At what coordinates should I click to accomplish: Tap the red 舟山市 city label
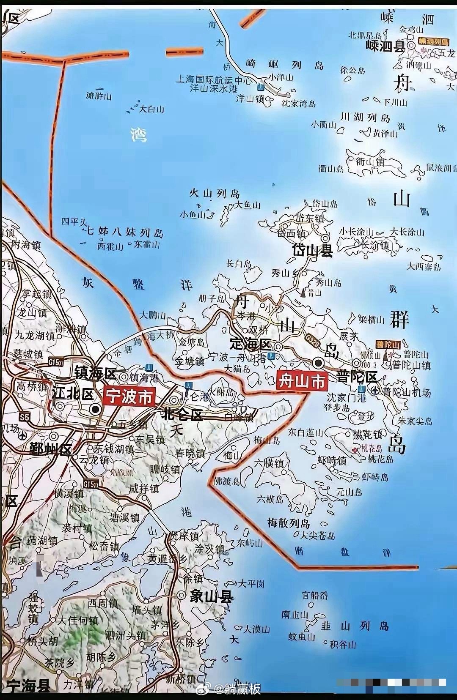tap(302, 381)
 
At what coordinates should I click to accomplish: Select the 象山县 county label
tap(211, 596)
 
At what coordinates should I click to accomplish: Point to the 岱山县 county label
tap(313, 250)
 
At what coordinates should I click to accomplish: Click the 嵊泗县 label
tap(385, 46)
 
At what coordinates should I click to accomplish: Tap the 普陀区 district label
tap(357, 377)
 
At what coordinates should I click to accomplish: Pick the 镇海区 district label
tap(95, 373)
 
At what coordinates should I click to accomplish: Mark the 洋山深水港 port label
tap(214, 89)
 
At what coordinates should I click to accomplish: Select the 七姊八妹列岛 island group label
tap(125, 232)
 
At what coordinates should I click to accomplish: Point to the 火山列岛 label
tap(215, 194)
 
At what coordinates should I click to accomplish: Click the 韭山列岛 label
tap(355, 626)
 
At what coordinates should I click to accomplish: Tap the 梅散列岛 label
tap(289, 523)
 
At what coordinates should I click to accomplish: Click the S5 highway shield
tap(25, 418)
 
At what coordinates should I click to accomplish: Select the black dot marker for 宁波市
tap(96, 409)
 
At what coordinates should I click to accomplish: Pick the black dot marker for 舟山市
tap(318, 363)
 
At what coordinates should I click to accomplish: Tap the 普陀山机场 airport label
tap(407, 393)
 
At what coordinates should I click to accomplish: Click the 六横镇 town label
tap(269, 463)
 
